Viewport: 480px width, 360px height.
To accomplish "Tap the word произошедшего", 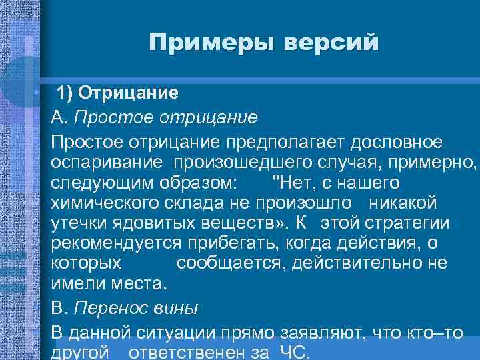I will [x=243, y=163].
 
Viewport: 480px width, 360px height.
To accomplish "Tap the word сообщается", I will [x=223, y=263].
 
